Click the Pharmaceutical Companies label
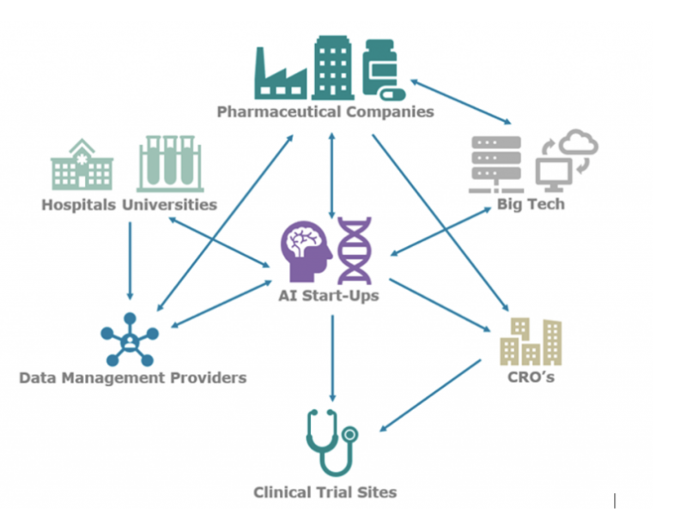(x=325, y=112)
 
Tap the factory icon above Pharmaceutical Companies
(x=281, y=71)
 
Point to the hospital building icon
(x=82, y=165)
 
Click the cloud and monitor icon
(x=566, y=158)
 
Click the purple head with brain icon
(x=306, y=250)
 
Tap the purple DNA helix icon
(x=355, y=250)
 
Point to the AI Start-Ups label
(x=330, y=296)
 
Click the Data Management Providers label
(x=132, y=377)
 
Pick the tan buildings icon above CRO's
(x=531, y=342)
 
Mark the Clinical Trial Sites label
(x=325, y=492)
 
